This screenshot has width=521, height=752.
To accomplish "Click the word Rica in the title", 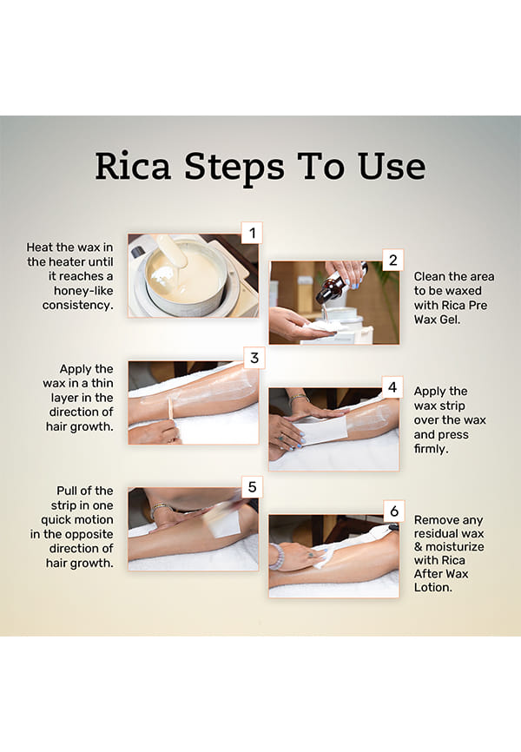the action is click(x=133, y=166).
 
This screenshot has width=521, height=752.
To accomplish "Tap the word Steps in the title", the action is click(x=234, y=168).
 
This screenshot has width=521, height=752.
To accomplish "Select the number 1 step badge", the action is click(x=252, y=233).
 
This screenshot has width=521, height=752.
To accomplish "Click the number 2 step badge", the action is click(x=392, y=261).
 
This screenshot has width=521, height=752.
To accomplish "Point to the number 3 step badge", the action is click(x=254, y=357).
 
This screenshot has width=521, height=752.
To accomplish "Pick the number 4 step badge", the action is click(x=392, y=386).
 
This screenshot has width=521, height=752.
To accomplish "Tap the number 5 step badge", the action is click(x=253, y=487).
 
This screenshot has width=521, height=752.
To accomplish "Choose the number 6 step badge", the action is click(x=394, y=511).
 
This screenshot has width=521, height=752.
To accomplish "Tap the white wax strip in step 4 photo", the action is click(x=320, y=430).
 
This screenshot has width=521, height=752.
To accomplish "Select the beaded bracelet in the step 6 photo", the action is click(x=277, y=557).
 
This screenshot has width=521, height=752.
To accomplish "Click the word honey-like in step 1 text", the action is click(x=83, y=291).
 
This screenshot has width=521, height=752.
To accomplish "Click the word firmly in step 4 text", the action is click(x=431, y=449).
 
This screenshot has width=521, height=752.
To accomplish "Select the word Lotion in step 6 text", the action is click(x=432, y=587).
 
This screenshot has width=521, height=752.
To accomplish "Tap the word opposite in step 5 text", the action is click(x=93, y=534).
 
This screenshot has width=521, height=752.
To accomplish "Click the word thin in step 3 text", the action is click(x=102, y=383).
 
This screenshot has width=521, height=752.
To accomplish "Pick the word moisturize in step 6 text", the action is click(x=455, y=547).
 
